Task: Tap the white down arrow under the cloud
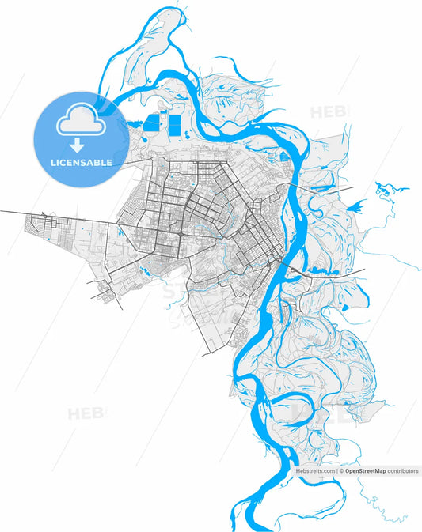[x=78, y=145]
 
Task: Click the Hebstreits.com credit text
[x=315, y=470]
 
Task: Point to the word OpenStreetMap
[x=366, y=470]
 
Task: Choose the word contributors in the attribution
[x=403, y=470]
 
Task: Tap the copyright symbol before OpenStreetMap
[x=342, y=470]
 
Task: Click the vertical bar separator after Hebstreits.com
[x=337, y=470]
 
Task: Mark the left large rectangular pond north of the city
[x=150, y=123]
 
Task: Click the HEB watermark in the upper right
[x=328, y=111]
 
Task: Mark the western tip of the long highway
[x=2, y=211]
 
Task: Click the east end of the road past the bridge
[x=363, y=270]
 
